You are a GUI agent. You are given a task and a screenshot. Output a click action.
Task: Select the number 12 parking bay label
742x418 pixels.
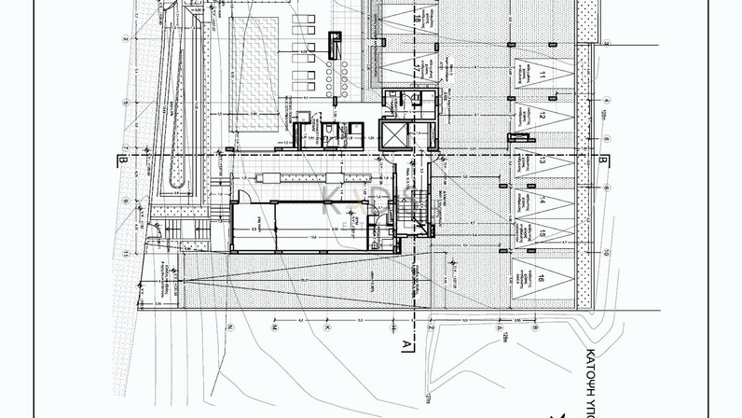coord(542,117)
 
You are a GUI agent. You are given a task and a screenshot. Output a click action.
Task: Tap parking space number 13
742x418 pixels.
coord(542,160)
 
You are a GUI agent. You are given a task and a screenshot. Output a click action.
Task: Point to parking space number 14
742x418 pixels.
coord(542,200)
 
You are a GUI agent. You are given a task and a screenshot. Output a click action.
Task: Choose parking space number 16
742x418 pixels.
coord(542,278)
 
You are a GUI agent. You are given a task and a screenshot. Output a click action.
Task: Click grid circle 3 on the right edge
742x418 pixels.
coord(604,42)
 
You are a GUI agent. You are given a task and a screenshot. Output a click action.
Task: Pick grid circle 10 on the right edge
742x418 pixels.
coord(604,253)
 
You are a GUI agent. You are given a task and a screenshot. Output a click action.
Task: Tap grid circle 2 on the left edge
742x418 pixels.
coord(124,38)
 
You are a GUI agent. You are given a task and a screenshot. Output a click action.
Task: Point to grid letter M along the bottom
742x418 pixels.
coord(275,328)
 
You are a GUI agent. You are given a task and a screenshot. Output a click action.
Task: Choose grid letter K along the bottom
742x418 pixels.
coord(327,328)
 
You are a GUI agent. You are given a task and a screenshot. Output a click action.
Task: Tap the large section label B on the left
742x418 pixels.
coord(122,160)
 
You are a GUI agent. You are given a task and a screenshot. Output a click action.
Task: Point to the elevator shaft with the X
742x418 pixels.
coord(394,135)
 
